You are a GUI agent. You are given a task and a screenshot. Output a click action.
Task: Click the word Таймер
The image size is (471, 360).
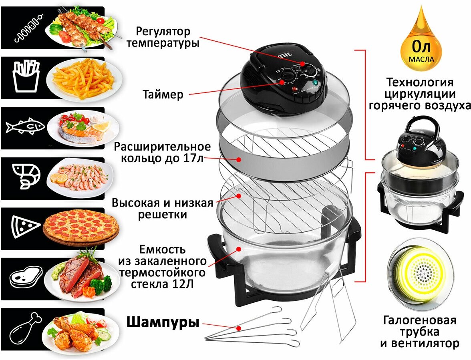pyautogui.click(x=163, y=95)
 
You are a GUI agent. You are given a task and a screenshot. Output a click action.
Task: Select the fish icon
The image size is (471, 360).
pyautogui.click(x=25, y=127)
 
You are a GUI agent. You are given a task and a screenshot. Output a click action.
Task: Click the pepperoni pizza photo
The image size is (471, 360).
pyautogui.click(x=81, y=227)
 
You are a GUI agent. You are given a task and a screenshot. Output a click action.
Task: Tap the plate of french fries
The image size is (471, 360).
pyautogui.click(x=83, y=78)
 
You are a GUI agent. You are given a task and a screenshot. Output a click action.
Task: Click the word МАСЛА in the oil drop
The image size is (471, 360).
pyautogui.click(x=421, y=59)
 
